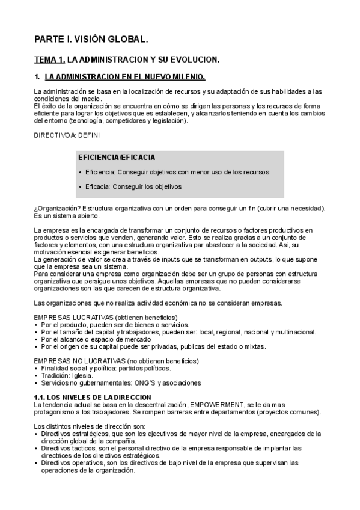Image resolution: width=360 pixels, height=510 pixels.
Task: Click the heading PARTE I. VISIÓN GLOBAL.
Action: click(91, 40)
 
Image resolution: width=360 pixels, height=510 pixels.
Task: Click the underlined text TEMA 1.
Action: click(49, 60)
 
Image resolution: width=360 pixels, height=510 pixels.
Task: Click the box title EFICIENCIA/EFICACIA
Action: click(117, 158)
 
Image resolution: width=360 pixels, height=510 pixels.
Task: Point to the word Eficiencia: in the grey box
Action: click(100, 172)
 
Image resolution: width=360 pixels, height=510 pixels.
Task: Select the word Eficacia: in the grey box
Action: click(97, 186)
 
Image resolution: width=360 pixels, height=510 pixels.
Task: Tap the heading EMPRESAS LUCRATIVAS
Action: click(77, 318)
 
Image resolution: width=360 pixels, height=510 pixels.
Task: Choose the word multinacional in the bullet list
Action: click(295, 332)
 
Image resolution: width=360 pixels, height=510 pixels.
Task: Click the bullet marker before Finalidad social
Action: click(37, 369)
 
